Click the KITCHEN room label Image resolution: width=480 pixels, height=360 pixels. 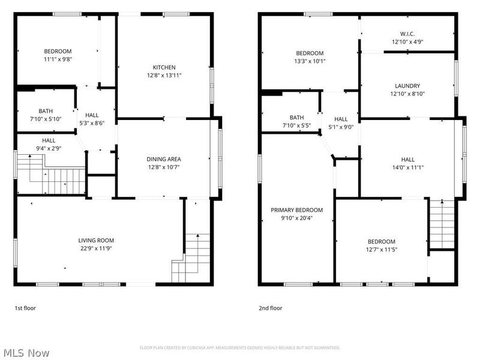point(164,67)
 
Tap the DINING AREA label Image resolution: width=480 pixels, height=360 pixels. point(164,158)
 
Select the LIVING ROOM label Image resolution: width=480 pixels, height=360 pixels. point(96,240)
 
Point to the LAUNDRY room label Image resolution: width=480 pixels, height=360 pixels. point(407,86)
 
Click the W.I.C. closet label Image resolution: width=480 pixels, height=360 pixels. point(407,34)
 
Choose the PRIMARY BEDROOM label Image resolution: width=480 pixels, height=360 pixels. point(296,210)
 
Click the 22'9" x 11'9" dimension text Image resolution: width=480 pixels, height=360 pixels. point(96,248)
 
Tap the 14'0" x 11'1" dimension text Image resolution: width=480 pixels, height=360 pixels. point(407,167)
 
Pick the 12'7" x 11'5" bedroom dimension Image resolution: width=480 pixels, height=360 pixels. point(382,249)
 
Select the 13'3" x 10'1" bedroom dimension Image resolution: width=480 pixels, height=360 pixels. point(310,61)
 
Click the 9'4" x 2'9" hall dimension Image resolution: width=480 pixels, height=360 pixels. point(49,148)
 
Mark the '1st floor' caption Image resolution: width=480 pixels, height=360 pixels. point(25,308)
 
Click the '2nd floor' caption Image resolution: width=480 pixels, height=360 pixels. point(270,308)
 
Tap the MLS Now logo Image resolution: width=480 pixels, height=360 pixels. point(25,353)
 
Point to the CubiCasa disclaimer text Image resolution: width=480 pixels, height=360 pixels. point(239,347)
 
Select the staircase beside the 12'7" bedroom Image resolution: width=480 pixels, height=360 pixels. point(442,223)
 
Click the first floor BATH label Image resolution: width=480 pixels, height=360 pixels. point(46,111)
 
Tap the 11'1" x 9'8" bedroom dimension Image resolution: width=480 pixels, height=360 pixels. point(57,59)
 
